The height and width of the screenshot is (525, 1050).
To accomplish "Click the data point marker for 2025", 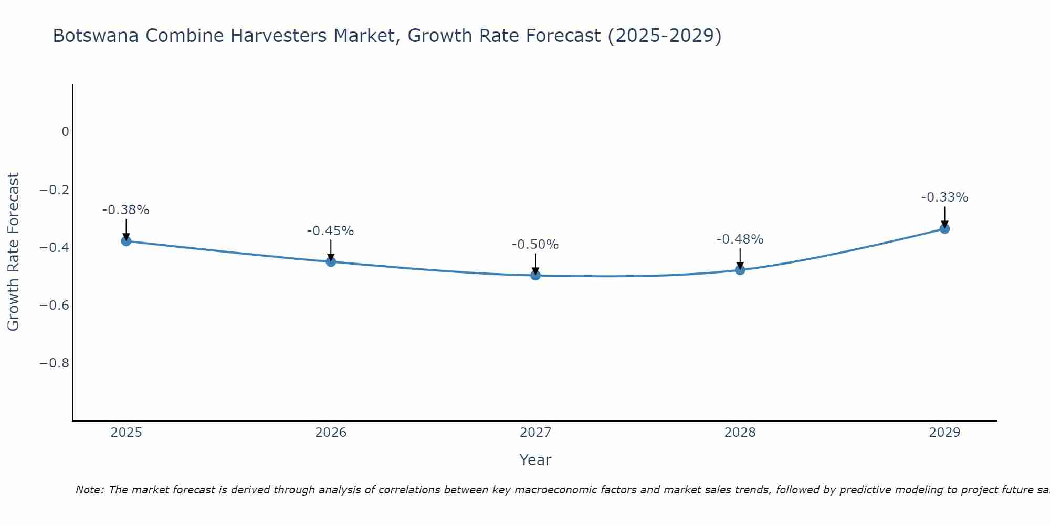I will (126, 241).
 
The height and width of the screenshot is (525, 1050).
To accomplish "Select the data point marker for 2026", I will (331, 261).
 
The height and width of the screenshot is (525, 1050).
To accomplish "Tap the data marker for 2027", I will (535, 275).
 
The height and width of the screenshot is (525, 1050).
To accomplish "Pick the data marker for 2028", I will (740, 270).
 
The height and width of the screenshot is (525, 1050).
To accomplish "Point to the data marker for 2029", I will (944, 228).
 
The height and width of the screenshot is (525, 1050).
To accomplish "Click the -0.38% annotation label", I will (126, 210).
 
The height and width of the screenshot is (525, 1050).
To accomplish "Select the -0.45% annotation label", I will (331, 231).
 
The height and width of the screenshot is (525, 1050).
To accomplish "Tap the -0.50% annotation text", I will (535, 245).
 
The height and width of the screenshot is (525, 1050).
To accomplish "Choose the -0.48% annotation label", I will (740, 239).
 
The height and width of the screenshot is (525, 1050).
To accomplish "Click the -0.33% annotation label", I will (944, 197).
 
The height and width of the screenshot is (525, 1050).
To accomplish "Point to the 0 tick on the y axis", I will (65, 132).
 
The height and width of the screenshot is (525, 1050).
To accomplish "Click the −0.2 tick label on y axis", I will (55, 190).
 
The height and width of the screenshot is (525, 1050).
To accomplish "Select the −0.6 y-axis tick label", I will (55, 306).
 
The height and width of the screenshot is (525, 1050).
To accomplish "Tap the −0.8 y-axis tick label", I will (55, 363).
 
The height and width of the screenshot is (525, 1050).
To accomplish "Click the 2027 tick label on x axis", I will (535, 433).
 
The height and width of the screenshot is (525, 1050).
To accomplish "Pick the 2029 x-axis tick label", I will (944, 433).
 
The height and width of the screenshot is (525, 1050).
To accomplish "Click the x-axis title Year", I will (535, 460).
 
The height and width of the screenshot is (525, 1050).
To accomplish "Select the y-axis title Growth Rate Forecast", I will (13, 252).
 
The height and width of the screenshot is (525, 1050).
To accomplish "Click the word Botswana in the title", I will (96, 36).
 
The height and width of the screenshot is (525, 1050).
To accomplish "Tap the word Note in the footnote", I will (89, 490).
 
